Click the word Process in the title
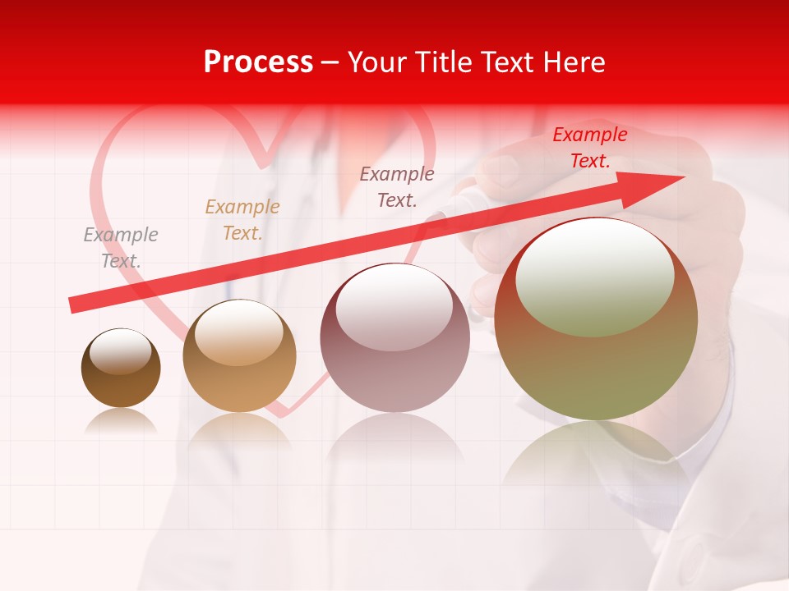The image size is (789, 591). (258, 62)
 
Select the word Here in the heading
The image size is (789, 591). (575, 62)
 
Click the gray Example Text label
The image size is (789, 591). (121, 248)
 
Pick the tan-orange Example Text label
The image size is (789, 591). (242, 220)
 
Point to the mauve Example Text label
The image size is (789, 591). (397, 186)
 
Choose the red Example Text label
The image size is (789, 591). (590, 148)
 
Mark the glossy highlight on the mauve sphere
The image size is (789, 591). (394, 308)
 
